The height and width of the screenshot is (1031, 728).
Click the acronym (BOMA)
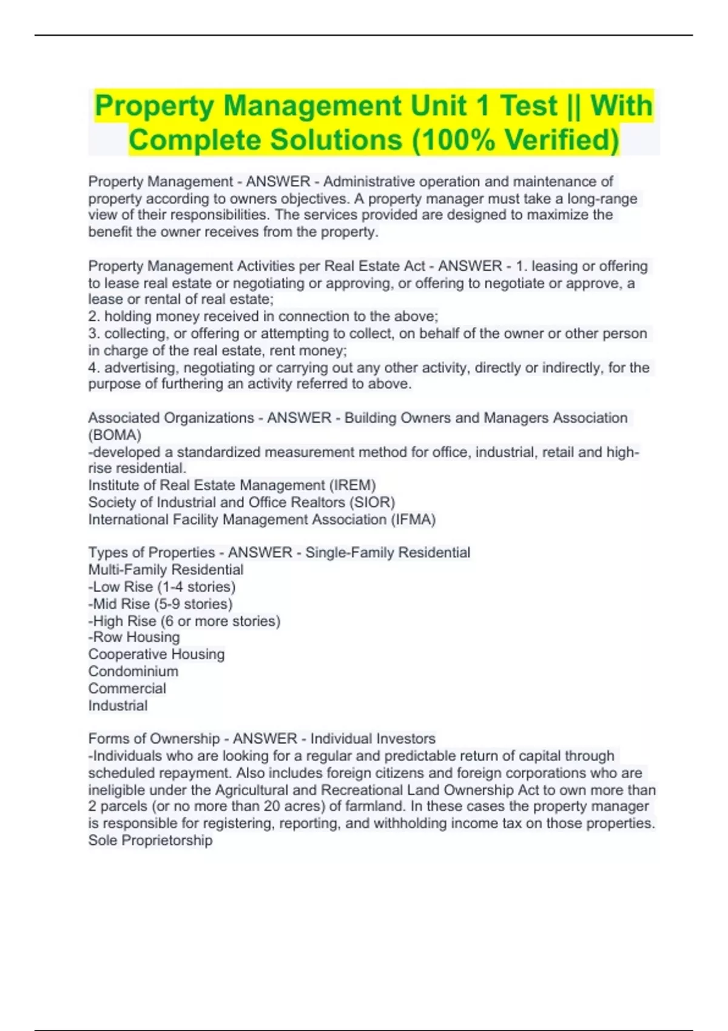115,435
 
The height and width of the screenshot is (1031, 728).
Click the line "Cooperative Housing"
157,654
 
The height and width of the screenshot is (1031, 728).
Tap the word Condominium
133,671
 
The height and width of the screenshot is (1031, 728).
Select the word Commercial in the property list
127,688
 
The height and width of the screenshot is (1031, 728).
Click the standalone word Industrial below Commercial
118,706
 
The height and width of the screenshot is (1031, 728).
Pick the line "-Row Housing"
134,637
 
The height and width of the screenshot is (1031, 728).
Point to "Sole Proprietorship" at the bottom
150,841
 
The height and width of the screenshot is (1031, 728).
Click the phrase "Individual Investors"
372,739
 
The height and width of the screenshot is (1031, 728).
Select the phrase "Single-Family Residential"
388,552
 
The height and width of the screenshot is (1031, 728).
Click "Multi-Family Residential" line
166,570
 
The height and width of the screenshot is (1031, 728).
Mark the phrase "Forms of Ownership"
154,739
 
